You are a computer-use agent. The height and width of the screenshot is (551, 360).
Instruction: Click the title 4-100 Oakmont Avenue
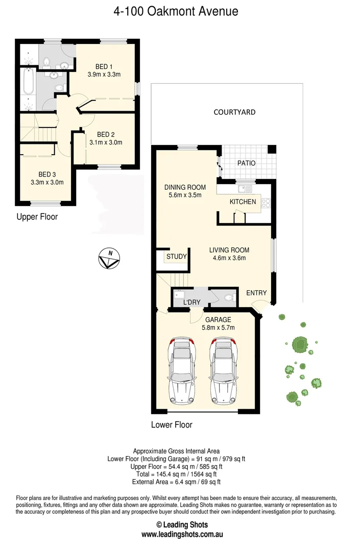tap(176, 11)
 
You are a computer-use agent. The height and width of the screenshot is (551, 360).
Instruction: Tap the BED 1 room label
tap(104, 66)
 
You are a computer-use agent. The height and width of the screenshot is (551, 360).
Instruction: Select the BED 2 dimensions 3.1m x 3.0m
tap(106, 143)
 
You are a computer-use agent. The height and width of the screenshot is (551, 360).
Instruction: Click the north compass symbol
tap(108, 259)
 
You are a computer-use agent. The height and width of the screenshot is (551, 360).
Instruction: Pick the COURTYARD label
tap(234, 112)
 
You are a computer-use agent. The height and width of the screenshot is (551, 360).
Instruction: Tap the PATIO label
tap(247, 163)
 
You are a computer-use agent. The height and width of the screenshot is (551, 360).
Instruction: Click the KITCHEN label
tap(243, 202)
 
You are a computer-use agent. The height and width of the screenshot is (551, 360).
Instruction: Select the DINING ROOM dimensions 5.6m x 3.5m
tap(185, 195)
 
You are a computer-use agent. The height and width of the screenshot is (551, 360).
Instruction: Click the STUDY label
tap(176, 257)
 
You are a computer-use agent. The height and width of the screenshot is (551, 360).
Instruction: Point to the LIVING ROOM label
tap(229, 250)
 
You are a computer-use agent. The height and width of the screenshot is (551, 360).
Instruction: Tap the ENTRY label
tap(256, 292)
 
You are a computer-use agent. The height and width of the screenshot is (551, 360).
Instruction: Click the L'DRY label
tap(191, 303)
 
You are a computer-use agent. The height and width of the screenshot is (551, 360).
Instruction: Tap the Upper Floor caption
tap(37, 217)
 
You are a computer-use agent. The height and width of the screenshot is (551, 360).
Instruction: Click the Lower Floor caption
tap(172, 424)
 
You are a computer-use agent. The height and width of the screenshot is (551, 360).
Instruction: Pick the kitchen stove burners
tap(266, 204)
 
